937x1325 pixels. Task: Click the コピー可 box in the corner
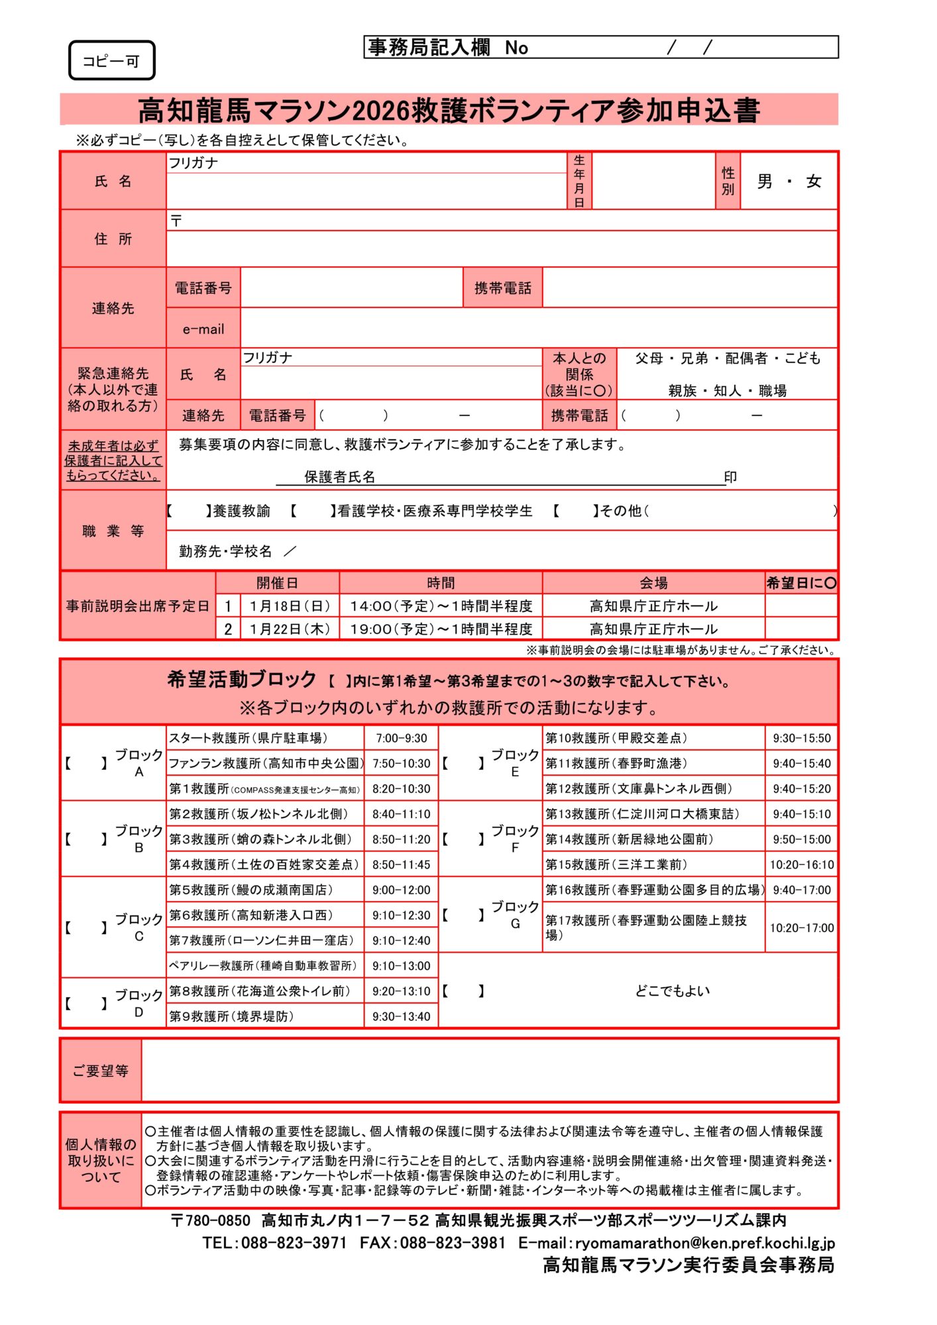point(111,61)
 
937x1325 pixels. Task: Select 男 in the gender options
point(765,182)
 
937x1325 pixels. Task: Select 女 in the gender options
point(814,182)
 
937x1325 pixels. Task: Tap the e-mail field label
point(203,329)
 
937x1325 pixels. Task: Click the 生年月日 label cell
point(579,181)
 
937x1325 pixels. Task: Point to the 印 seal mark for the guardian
point(730,477)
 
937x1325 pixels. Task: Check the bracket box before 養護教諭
point(188,511)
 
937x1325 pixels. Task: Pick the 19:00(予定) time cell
point(441,629)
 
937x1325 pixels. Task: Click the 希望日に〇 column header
point(801,583)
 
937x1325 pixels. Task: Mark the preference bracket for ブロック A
point(85,763)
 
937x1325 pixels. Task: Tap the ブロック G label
point(514,914)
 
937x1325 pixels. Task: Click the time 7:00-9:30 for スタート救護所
point(401,738)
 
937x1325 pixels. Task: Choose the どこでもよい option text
point(672,991)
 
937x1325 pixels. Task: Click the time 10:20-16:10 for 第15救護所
point(801,865)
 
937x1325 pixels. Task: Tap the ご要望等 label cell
point(101,1071)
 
